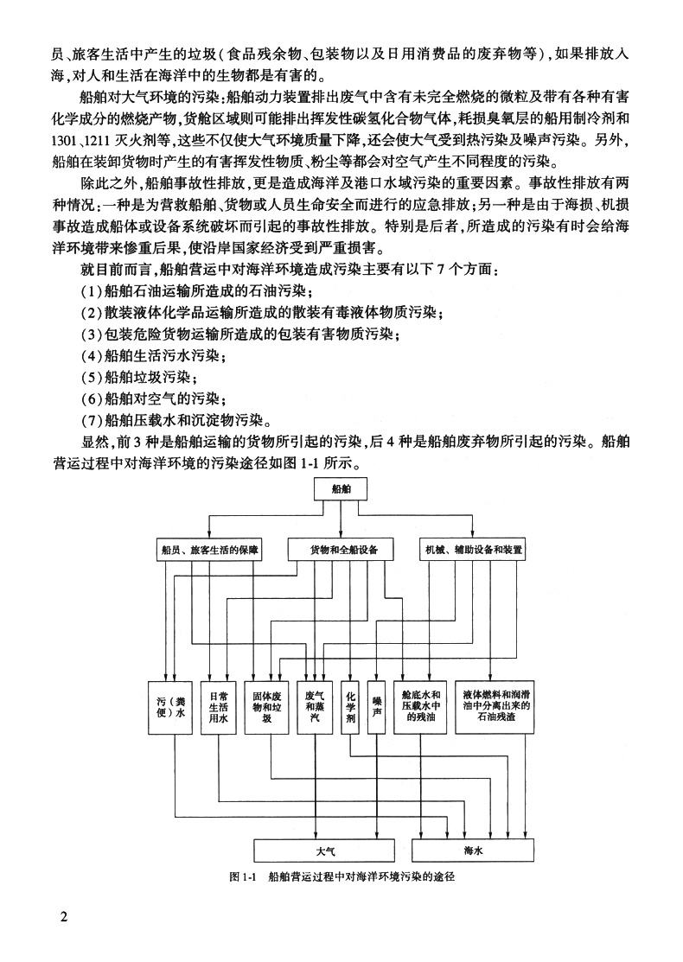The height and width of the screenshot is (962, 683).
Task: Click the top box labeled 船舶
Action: click(343, 490)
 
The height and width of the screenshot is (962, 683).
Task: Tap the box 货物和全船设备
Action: click(343, 550)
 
